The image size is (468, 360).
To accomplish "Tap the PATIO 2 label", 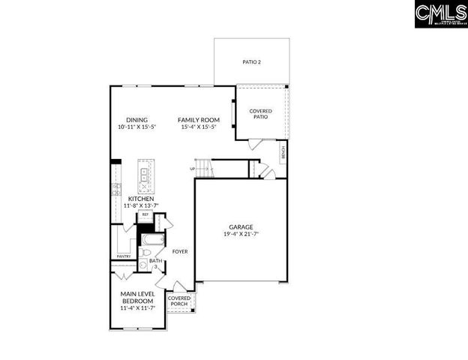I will click(x=251, y=62).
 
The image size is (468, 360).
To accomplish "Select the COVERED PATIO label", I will click(x=260, y=114).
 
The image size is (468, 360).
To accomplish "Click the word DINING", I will click(x=136, y=120).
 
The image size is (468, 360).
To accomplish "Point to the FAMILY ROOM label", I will click(x=198, y=120).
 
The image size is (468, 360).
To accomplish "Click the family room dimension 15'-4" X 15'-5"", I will click(x=198, y=127).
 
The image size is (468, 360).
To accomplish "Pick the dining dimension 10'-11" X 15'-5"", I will click(x=136, y=127).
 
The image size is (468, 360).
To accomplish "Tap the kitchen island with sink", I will click(x=145, y=177).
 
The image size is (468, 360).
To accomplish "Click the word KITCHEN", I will click(x=141, y=199).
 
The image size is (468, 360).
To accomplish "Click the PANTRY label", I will click(x=124, y=256).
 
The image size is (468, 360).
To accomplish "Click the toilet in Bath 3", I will click(x=144, y=263).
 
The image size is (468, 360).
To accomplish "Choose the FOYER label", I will click(x=180, y=252).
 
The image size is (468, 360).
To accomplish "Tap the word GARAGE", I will click(x=241, y=226).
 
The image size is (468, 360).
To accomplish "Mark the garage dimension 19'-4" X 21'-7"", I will click(x=241, y=234).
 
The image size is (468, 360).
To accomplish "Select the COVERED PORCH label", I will click(x=179, y=301).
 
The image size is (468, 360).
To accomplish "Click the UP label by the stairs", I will click(x=193, y=169).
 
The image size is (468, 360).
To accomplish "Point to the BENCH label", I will click(x=283, y=152).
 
